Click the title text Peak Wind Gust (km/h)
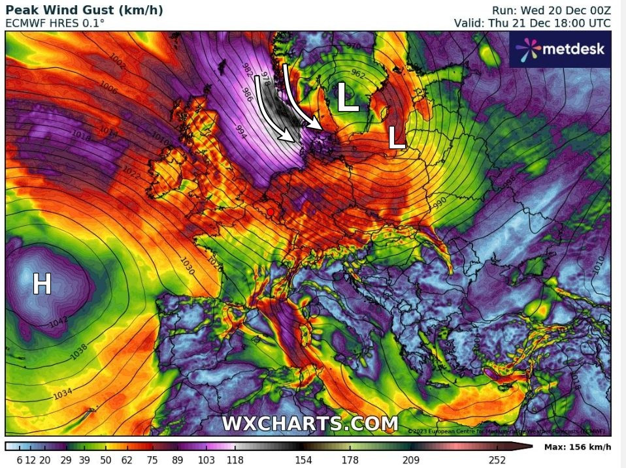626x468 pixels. tap(84, 10)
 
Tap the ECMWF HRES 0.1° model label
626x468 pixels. tap(54, 23)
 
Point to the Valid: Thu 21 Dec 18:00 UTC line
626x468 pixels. tap(533, 23)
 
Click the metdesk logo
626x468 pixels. tap(561, 49)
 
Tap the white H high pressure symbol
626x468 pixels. tap(42, 284)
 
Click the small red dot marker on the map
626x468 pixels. tap(270, 211)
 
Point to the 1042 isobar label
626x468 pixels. tap(58, 321)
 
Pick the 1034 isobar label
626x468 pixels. tap(63, 394)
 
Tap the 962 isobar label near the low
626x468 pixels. tap(358, 73)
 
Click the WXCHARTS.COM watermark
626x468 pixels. tap(309, 423)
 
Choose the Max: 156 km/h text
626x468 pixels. tap(577, 447)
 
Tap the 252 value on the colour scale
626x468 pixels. tap(497, 460)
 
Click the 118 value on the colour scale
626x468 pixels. tap(235, 460)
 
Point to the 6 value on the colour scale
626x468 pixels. tap(19, 460)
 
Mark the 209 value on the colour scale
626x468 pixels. tap(410, 460)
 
